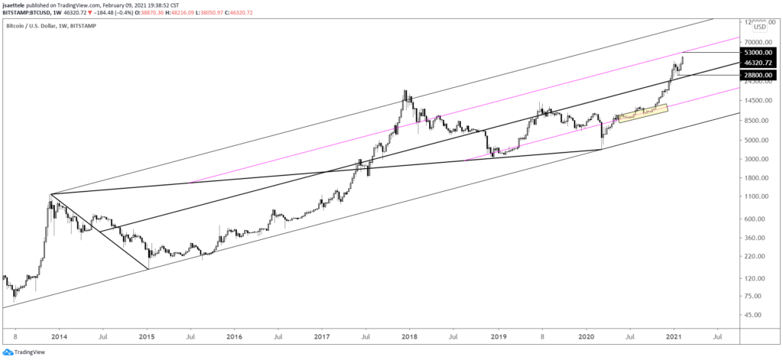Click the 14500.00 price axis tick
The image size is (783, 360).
pos(759,100)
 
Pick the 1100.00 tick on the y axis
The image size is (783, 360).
pos(759,196)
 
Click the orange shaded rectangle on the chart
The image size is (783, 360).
pos(642,112)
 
